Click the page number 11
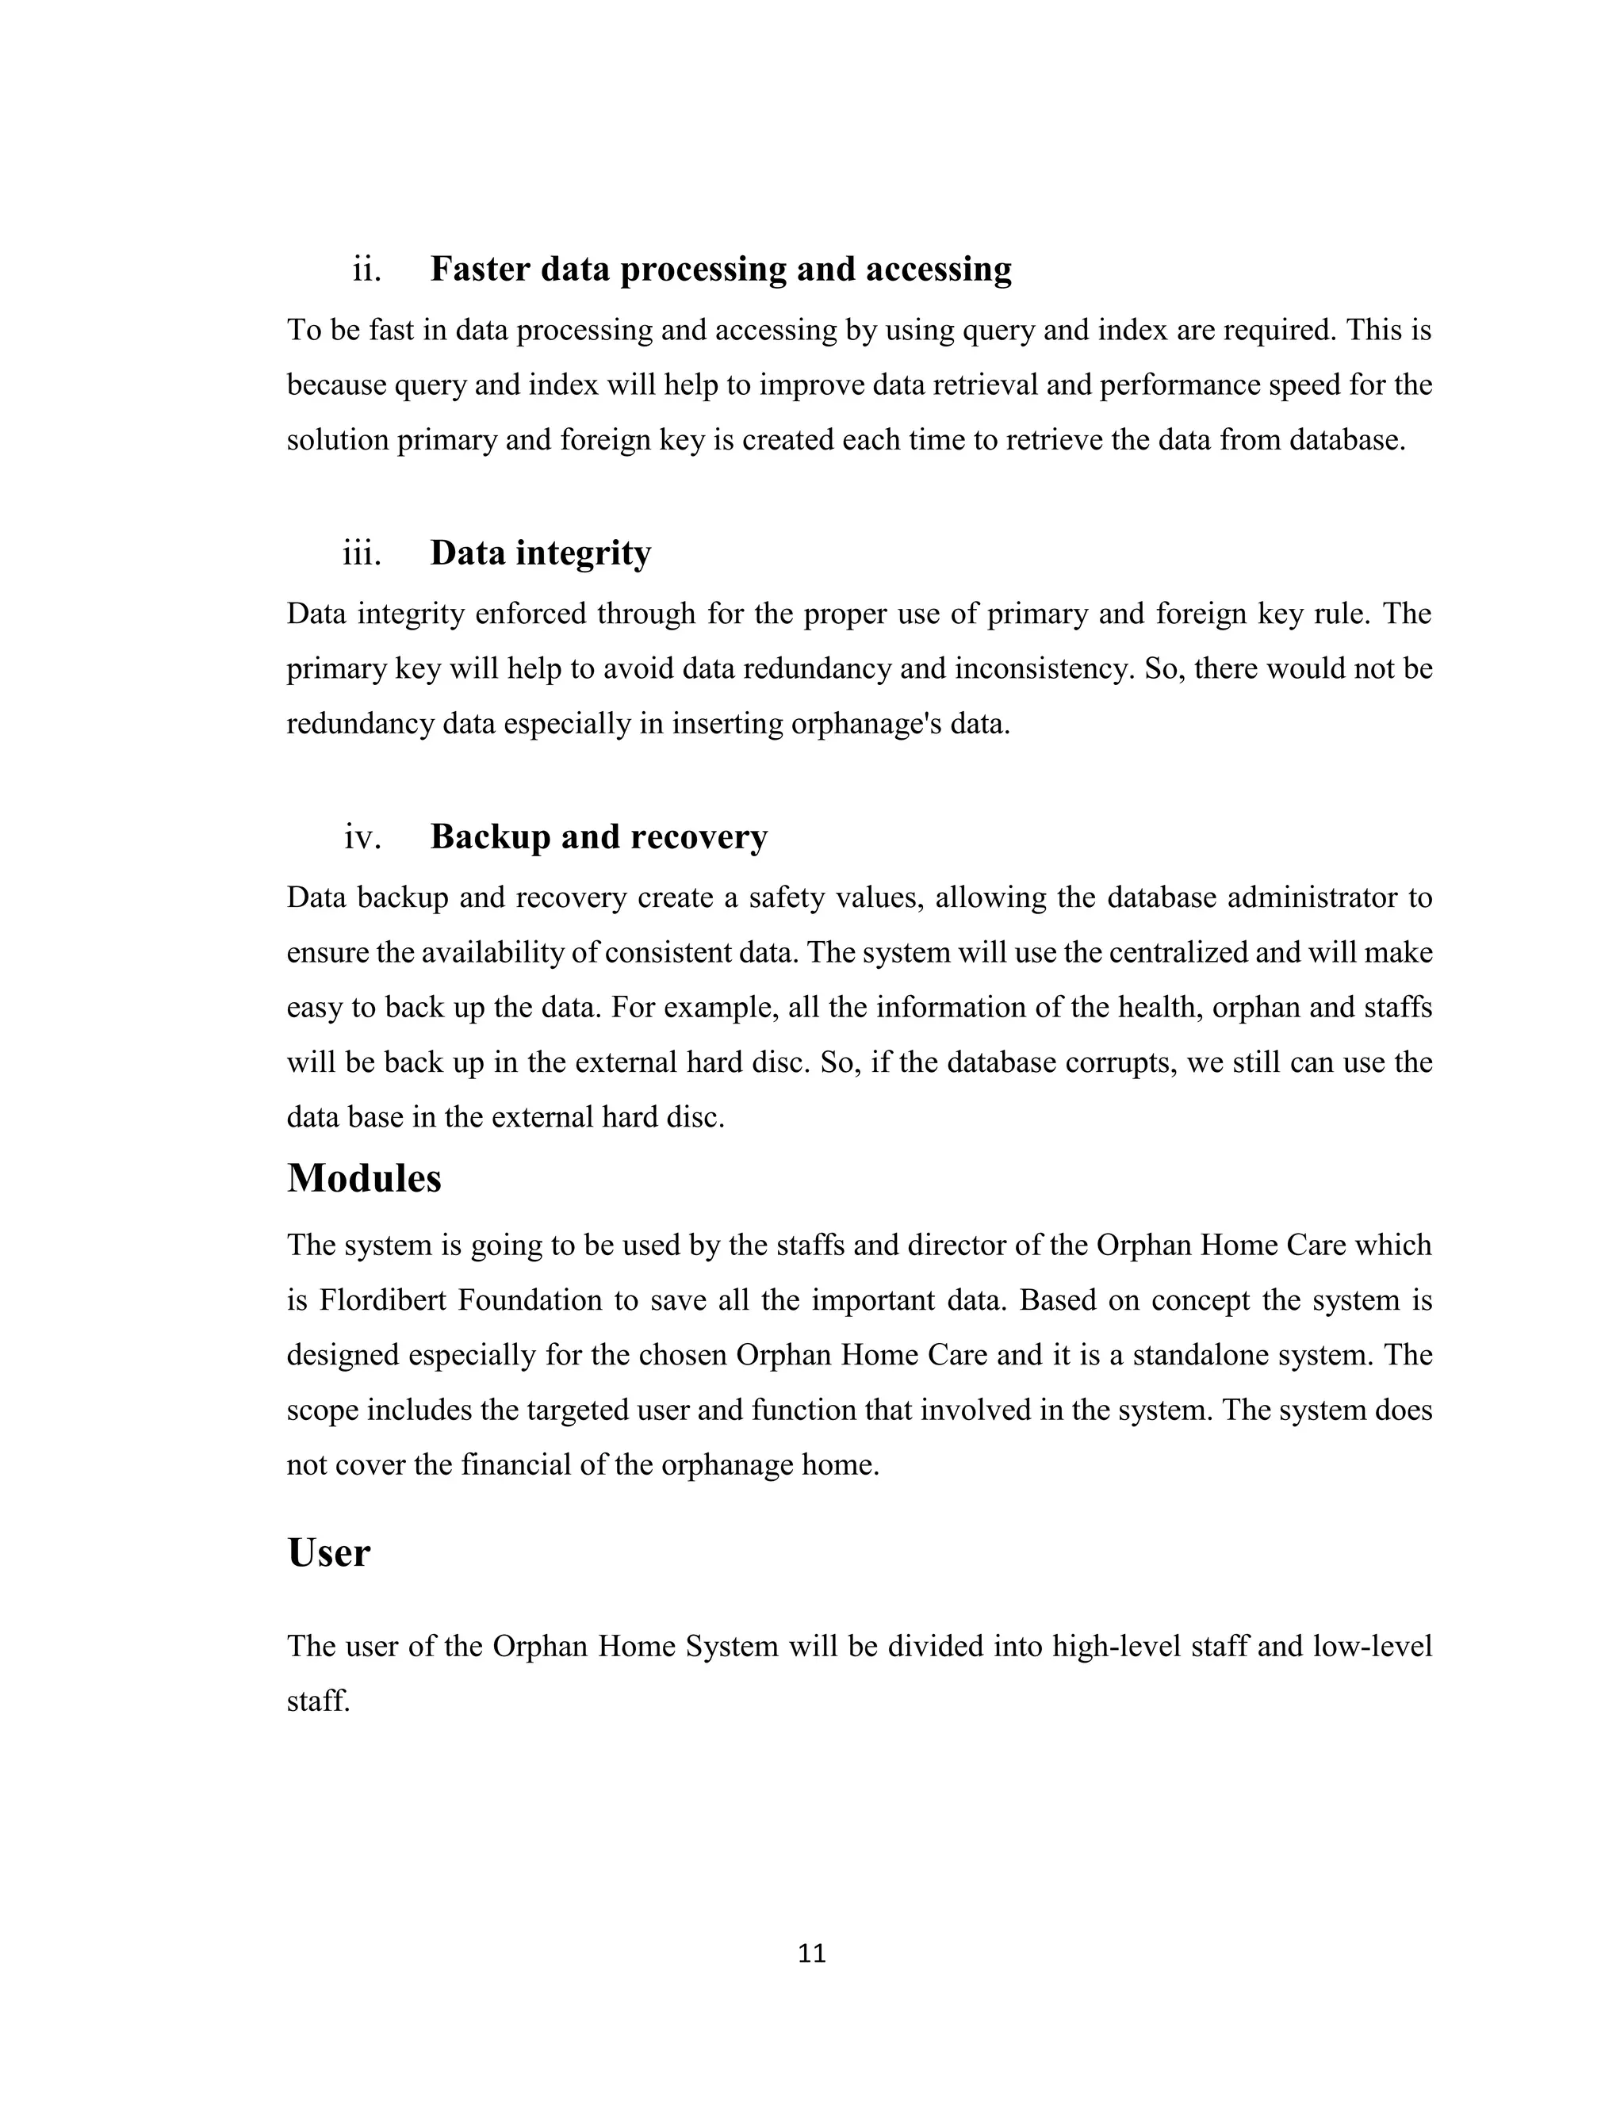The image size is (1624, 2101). (x=812, y=1954)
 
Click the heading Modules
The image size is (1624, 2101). (x=364, y=1177)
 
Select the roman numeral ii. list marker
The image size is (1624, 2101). (x=366, y=270)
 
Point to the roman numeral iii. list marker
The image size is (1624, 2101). (x=362, y=553)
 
